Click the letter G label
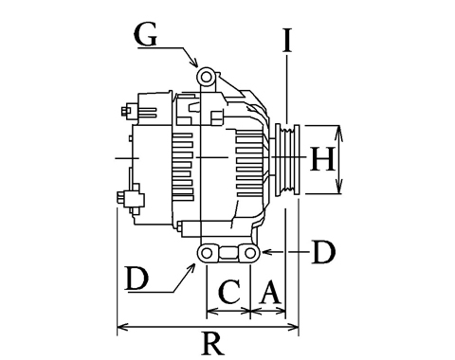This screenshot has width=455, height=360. coord(146,34)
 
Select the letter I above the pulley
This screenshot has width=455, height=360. coord(287,40)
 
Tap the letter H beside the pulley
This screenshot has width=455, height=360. coord(322,159)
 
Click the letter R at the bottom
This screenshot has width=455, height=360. coord(213,343)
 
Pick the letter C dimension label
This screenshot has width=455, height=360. coord(228,292)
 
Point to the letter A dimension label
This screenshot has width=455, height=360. coord(270,292)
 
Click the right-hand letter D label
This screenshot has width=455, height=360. coord(323,252)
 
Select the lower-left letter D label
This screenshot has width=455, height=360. coord(136,279)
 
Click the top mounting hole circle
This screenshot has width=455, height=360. coord(206,77)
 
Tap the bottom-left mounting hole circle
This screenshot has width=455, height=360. coord(207,253)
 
